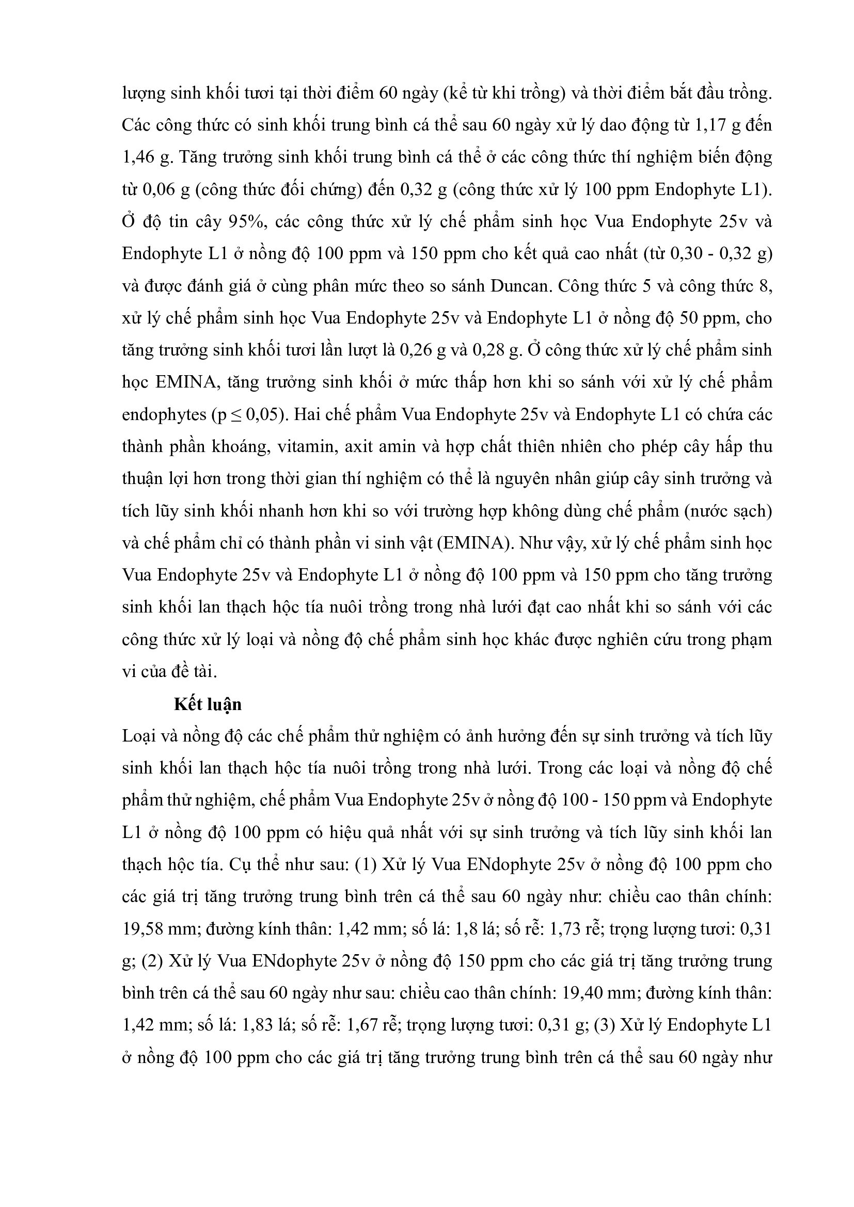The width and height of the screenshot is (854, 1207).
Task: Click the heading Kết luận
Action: coord(208,704)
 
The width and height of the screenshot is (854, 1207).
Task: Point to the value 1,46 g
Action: coord(147,158)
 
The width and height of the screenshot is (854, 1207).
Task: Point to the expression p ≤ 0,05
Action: coord(248,415)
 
